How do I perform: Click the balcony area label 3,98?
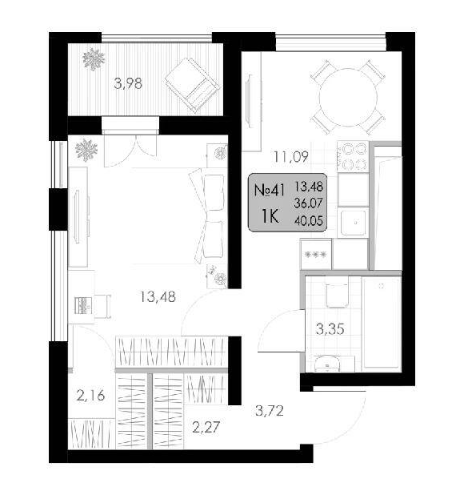point(128,84)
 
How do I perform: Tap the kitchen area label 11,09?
point(291,157)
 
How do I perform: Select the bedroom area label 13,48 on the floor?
point(158,297)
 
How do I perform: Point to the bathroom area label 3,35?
point(330,329)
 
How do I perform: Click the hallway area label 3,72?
point(270,411)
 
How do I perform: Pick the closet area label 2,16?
point(90,396)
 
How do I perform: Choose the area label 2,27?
point(206,427)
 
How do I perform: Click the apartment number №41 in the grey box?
point(269,191)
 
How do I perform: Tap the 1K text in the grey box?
point(270,217)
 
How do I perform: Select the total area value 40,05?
point(309,220)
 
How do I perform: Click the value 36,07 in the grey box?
point(309,203)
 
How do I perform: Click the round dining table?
point(348,97)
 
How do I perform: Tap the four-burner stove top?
point(353,156)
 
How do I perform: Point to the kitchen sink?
point(353,223)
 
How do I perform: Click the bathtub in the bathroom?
point(382,322)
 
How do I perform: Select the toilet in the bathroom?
point(337,293)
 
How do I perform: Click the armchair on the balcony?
point(193,85)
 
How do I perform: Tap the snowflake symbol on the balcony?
point(94,59)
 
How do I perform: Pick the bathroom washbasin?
point(326,364)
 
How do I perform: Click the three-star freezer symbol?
point(315,254)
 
